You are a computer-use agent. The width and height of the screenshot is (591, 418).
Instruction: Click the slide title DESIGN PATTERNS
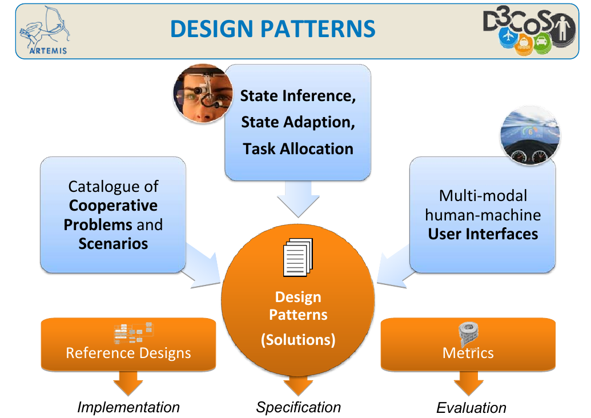pos(273,29)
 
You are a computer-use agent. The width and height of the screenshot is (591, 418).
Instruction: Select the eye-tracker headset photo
pos(203,94)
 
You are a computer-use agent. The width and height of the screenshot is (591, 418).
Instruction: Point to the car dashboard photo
pos(530,139)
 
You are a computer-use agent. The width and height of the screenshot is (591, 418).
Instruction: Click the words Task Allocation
pos(298,149)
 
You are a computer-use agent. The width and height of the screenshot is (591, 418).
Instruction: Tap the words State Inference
pos(298,96)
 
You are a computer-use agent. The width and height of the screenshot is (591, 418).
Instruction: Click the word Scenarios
pos(113,244)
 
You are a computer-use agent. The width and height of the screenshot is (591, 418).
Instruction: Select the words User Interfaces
pos(483,234)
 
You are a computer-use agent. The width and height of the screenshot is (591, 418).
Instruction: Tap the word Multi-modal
pos(483,196)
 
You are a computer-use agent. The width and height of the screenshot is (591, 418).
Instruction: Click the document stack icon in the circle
pos(299,258)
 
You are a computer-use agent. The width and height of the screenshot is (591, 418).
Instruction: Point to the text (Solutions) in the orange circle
pos(298,340)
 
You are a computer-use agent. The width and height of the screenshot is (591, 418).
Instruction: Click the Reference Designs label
pos(128,353)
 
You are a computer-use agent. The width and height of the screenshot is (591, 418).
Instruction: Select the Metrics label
pos(468,353)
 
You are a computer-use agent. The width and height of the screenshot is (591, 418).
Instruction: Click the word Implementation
pos(128,407)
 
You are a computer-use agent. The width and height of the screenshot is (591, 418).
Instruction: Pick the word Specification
pos(298,407)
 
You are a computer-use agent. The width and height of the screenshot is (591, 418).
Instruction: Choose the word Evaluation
pos(471,408)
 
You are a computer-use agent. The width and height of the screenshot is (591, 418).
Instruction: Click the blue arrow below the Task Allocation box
pos(298,200)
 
